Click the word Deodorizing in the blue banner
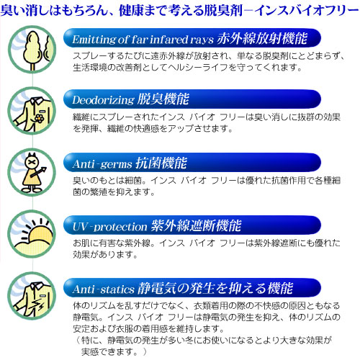click(x=103, y=100)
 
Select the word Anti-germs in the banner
click(x=102, y=164)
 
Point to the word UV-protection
click(x=109, y=227)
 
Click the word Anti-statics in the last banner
click(x=103, y=289)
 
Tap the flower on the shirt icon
click(x=39, y=118)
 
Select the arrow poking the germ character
click(x=38, y=171)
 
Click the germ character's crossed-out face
click(x=32, y=162)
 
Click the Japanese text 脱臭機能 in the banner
click(x=163, y=99)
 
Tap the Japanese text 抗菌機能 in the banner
click(x=161, y=163)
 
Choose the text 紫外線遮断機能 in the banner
click(x=196, y=225)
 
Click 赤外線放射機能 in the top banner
click(x=262, y=38)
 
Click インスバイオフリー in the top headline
click(x=307, y=10)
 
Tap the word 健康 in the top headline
click(x=130, y=10)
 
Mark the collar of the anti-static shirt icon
click(x=37, y=287)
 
